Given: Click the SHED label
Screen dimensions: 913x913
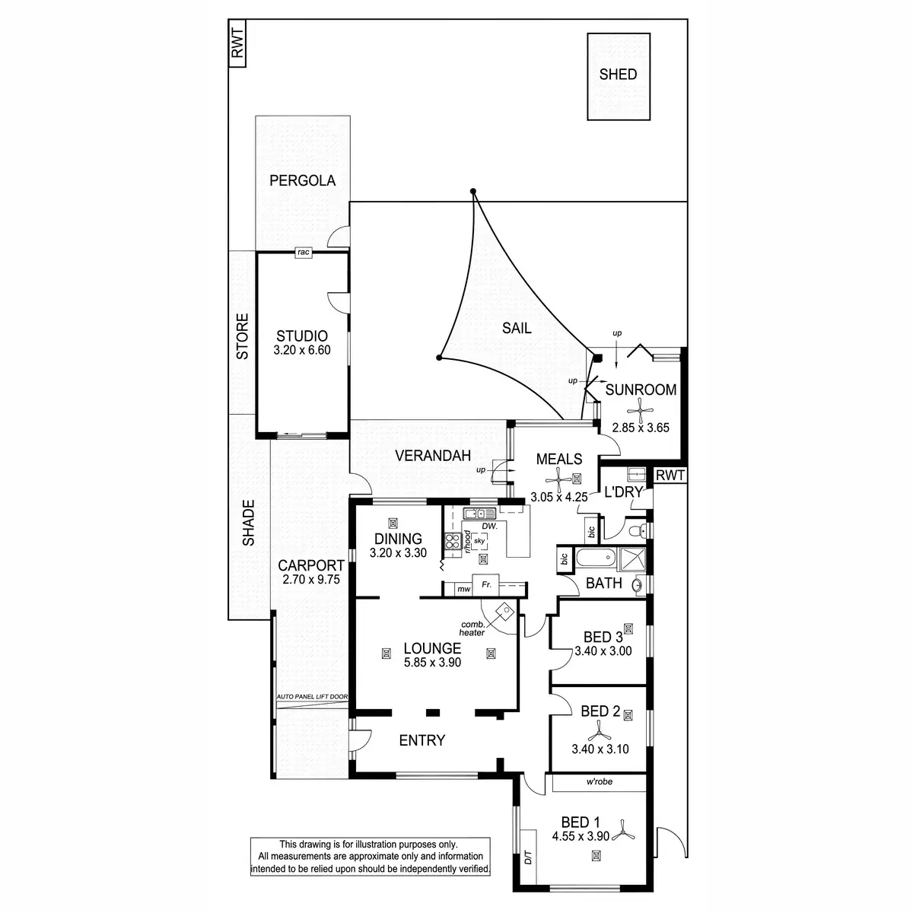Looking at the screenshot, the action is [x=618, y=75].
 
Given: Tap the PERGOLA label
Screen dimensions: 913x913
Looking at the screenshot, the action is [x=302, y=180].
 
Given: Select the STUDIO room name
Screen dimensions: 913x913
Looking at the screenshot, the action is [x=302, y=336].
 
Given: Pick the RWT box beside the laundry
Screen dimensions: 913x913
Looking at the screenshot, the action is [x=670, y=476].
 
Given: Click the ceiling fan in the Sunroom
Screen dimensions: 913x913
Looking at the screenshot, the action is [x=643, y=412].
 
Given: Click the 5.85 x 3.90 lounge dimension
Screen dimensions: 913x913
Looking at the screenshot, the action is [x=432, y=663].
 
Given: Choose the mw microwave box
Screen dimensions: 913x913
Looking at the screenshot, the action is [x=462, y=589].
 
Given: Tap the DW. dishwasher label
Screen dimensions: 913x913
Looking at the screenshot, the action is [x=489, y=526].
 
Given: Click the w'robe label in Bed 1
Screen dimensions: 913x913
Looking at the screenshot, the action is [x=600, y=782].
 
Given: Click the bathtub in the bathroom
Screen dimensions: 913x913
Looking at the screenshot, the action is [x=593, y=558].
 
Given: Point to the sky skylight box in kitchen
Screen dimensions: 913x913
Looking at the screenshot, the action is [x=479, y=541].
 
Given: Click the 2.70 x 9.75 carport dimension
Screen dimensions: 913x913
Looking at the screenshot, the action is [x=308, y=579].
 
